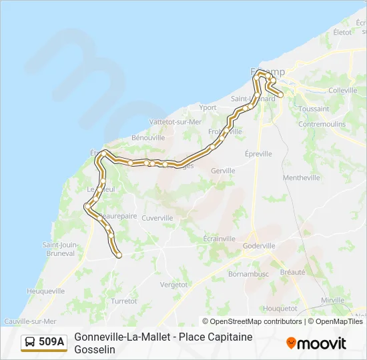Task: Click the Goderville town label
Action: pyautogui.click(x=259, y=245)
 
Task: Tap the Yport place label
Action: pyautogui.click(x=208, y=107)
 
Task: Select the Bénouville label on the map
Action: pyautogui.click(x=148, y=137)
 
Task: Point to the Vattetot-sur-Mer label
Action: pyautogui.click(x=176, y=121)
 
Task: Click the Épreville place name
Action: pyautogui.click(x=258, y=153)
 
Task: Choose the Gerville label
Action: pyautogui.click(x=223, y=171)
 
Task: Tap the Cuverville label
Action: pyautogui.click(x=157, y=217)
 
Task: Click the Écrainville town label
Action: pyautogui.click(x=220, y=239)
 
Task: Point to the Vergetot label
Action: pyautogui.click(x=174, y=284)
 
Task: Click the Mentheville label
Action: pyautogui.click(x=302, y=177)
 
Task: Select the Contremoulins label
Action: pyautogui.click(x=322, y=124)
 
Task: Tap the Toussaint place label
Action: pyautogui.click(x=314, y=109)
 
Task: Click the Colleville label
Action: pyautogui.click(x=344, y=90)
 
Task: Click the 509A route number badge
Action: pyautogui.click(x=44, y=342)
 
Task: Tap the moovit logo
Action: pyautogui.click(x=316, y=343)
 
